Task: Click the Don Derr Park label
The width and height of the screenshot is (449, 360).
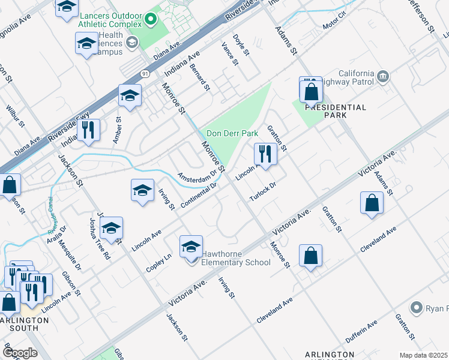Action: tap(232, 134)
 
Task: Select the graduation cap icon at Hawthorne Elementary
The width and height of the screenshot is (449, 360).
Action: tap(191, 247)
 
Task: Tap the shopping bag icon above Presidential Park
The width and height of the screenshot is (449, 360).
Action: tap(311, 92)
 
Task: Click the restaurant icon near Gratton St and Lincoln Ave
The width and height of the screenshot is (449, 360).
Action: tap(265, 154)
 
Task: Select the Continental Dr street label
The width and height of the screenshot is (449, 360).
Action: tap(198, 197)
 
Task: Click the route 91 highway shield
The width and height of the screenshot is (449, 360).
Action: tap(145, 73)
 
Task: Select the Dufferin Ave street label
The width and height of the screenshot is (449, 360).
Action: tap(360, 332)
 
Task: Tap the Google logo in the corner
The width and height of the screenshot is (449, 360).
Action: tap(20, 353)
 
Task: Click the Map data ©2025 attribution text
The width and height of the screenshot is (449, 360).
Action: tap(424, 355)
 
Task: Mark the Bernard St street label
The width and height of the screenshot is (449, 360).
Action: tap(200, 76)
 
